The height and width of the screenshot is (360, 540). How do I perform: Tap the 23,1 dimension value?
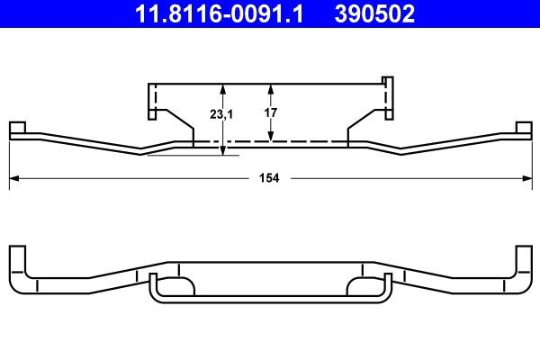pyautogui.click(x=209, y=114)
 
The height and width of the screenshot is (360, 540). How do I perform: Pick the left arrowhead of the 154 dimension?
pyautogui.click(x=13, y=178)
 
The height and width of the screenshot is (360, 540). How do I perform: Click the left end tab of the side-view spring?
pyautogui.click(x=18, y=130)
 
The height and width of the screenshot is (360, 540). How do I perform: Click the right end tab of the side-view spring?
pyautogui.click(x=522, y=130)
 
